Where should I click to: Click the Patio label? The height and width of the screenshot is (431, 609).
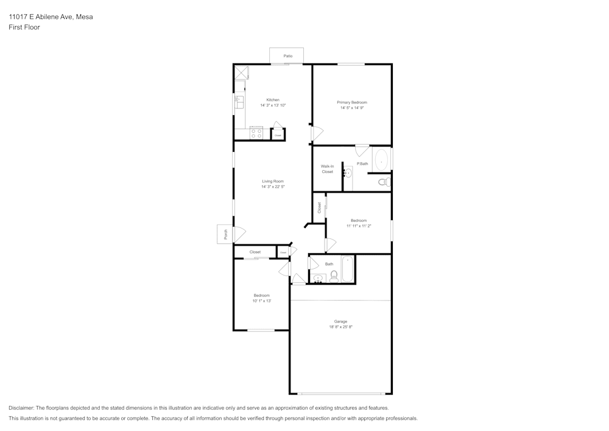(x=287, y=56)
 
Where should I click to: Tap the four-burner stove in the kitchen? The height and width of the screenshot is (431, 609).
(x=256, y=132)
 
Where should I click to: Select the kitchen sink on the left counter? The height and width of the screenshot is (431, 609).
(x=239, y=101)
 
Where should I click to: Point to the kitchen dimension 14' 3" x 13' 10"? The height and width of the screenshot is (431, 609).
(x=273, y=105)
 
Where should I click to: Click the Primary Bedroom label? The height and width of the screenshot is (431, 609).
(x=352, y=102)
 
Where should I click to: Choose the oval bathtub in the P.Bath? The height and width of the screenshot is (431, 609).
(x=381, y=160)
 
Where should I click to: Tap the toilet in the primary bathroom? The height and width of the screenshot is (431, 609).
(x=383, y=182)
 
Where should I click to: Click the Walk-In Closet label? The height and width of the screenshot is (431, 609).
(x=327, y=169)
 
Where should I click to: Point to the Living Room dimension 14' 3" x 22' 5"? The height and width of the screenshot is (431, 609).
(x=273, y=187)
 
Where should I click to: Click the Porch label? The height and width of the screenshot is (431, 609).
(x=225, y=234)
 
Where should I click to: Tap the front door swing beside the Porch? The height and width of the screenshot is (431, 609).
(x=239, y=234)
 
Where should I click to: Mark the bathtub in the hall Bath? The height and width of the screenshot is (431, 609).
(x=347, y=269)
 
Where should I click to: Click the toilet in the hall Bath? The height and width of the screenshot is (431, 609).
(x=334, y=277)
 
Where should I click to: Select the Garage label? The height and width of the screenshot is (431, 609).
(x=340, y=321)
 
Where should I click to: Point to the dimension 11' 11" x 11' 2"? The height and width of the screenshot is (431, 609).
(x=359, y=226)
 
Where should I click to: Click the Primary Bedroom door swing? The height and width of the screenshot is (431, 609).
(x=317, y=132)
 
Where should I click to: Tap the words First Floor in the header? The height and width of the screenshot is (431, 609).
(x=24, y=27)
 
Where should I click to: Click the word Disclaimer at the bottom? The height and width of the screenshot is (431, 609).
(x=21, y=408)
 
